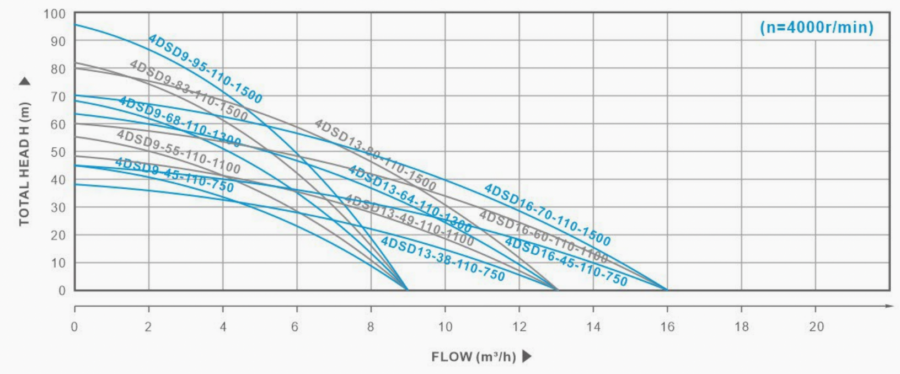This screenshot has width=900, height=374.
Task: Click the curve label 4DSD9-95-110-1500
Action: [x=205, y=69]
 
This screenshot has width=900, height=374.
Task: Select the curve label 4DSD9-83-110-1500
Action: [x=189, y=90]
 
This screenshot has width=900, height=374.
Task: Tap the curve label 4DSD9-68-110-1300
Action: [x=180, y=122]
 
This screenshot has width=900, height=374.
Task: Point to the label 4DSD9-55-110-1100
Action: [x=178, y=152]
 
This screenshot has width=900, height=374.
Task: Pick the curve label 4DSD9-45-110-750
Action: [x=174, y=175]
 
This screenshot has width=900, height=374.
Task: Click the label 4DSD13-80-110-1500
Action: [x=375, y=155]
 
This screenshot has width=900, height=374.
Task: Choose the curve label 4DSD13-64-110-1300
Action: [x=409, y=199]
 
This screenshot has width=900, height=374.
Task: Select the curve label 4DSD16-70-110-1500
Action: [x=547, y=215]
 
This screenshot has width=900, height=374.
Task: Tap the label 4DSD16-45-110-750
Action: [x=566, y=261]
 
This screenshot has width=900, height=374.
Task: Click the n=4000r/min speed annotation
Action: [x=816, y=27]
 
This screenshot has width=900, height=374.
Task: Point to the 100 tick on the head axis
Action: [x=54, y=14]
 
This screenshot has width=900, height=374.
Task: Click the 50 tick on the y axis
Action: [x=58, y=152]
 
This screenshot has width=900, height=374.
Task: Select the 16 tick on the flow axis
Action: [x=667, y=327]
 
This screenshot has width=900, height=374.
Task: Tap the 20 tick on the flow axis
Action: [x=816, y=327]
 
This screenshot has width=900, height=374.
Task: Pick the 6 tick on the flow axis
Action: [x=295, y=327]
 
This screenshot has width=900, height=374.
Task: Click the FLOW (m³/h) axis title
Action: [x=473, y=356]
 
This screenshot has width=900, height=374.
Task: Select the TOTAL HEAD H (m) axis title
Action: [x=24, y=163]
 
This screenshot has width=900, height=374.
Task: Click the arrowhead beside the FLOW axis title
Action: [x=527, y=356]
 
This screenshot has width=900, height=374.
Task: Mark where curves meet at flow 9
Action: [x=407, y=290]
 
